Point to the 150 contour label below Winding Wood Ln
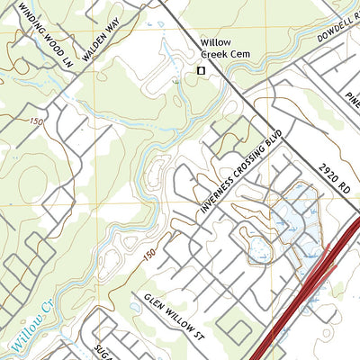(36, 121)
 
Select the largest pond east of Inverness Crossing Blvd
(293, 212)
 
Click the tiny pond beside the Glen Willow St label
(135, 307)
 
